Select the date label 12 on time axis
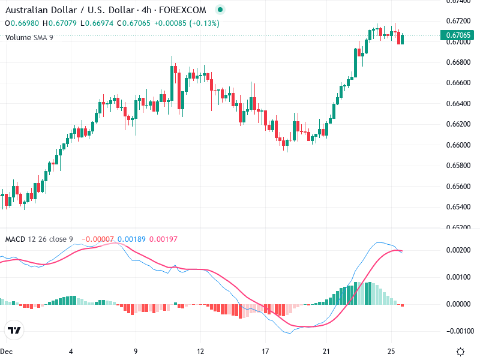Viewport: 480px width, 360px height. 200,351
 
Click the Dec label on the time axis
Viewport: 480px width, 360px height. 7,351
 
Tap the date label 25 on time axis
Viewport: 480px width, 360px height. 391,351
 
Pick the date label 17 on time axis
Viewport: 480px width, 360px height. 265,351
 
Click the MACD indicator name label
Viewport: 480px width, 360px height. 15,239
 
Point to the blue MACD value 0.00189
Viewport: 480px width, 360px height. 130,239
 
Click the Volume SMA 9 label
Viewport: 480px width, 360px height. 29,37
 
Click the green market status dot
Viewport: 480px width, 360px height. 220,10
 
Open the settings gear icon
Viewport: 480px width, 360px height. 460,351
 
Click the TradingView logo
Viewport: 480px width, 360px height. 14,330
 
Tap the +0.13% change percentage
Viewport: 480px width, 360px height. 205,23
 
